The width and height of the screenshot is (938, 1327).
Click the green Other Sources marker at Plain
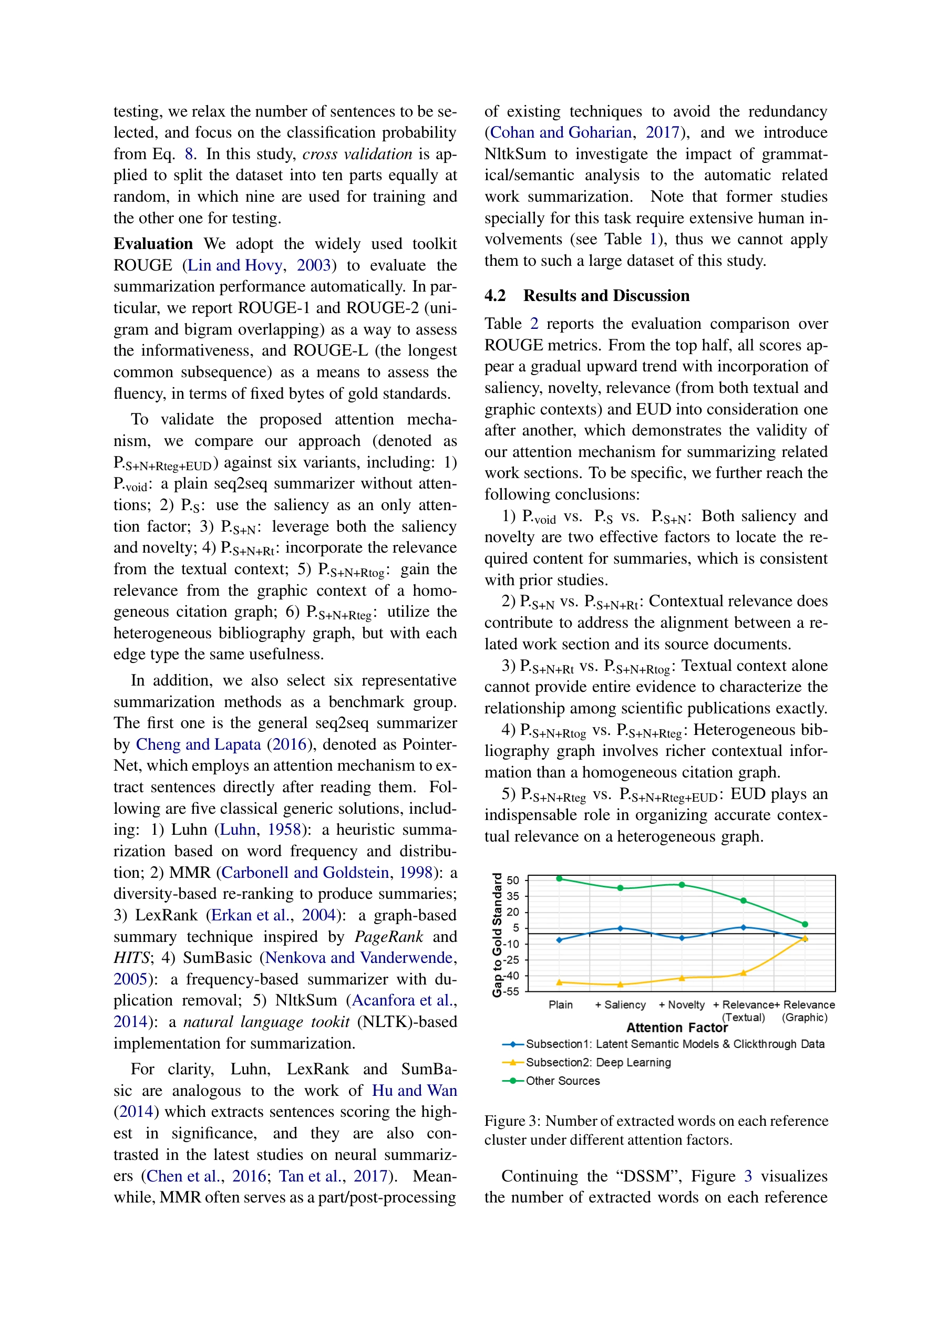click(559, 878)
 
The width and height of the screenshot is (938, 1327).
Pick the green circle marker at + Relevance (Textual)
click(743, 900)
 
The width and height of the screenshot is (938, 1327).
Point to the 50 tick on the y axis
click(513, 880)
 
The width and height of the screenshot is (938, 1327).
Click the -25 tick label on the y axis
click(512, 960)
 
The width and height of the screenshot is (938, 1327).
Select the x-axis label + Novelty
click(681, 1004)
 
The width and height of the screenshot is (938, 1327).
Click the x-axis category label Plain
click(560, 1004)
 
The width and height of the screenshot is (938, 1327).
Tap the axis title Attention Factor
click(677, 1028)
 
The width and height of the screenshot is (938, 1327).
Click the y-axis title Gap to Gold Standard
click(497, 935)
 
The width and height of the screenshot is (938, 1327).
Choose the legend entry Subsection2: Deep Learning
click(598, 1062)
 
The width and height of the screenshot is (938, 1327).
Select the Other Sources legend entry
click(562, 1081)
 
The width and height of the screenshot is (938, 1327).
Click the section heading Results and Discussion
click(605, 296)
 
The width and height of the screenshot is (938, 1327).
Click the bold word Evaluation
click(153, 244)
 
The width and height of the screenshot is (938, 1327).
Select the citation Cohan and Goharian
click(560, 132)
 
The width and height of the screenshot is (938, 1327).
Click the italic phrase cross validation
click(357, 154)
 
